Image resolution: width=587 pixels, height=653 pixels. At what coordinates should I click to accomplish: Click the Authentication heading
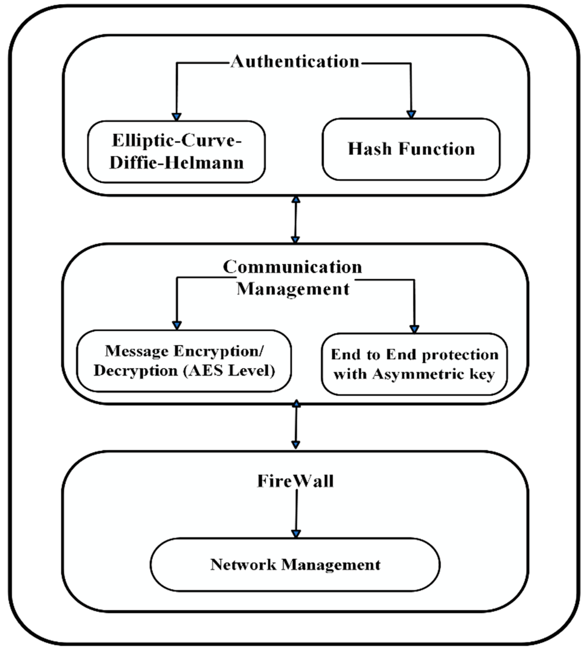[x=295, y=61]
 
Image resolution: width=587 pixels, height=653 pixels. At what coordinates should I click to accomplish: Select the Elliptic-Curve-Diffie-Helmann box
[x=176, y=152]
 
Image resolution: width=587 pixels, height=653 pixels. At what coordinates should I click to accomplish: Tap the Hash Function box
[x=411, y=149]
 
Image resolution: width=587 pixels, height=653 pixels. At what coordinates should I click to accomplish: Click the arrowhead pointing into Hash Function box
[x=411, y=115]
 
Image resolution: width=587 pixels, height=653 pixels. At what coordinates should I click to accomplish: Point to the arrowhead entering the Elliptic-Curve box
[x=176, y=117]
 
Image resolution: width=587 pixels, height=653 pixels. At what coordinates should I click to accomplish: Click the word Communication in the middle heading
[x=292, y=267]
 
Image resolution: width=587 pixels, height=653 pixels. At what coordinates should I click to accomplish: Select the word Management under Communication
[x=293, y=289]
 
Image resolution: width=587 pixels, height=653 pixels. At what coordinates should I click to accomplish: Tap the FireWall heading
[x=295, y=481]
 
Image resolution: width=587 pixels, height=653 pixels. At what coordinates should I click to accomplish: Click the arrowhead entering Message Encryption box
[x=177, y=325]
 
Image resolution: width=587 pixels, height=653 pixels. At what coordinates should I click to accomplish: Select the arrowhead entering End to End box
[x=414, y=329]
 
